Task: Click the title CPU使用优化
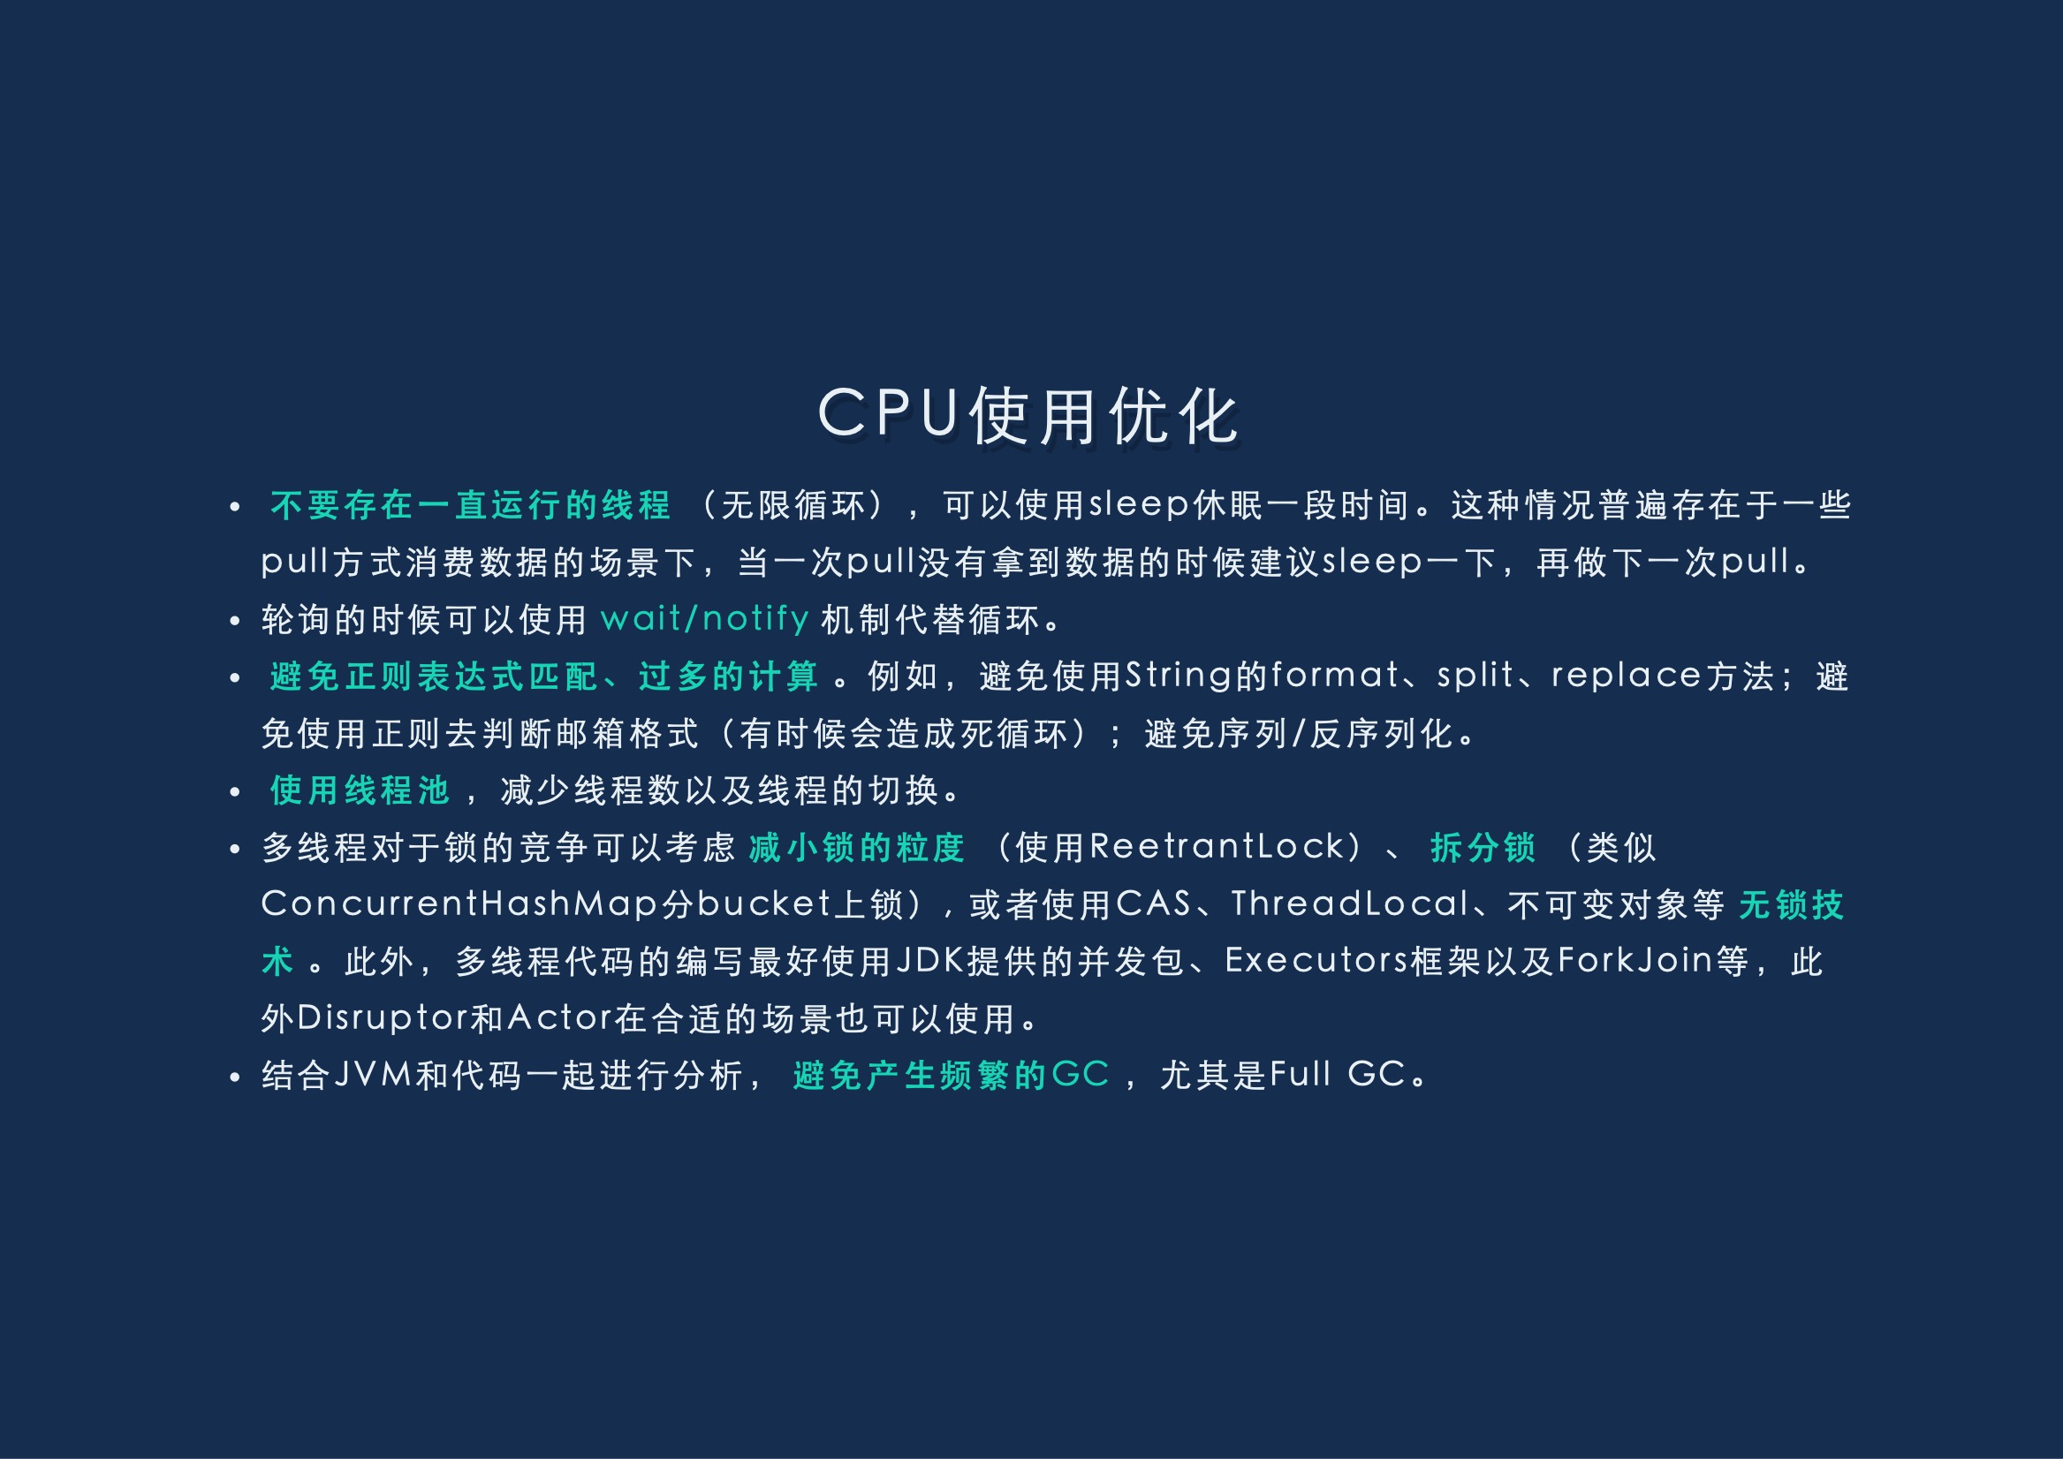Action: tap(1028, 415)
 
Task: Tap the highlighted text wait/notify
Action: tap(705, 619)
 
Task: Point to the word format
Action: tap(1335, 675)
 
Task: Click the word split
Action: tap(1475, 676)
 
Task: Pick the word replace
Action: tap(1627, 677)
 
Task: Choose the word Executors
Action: tap(1317, 960)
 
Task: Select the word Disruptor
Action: tap(382, 1018)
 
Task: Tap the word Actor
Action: tap(560, 1018)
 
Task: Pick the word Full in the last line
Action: tap(1301, 1075)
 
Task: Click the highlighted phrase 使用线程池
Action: tap(360, 790)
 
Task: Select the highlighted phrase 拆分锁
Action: tap(1483, 847)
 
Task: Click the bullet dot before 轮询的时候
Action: tap(234, 621)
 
